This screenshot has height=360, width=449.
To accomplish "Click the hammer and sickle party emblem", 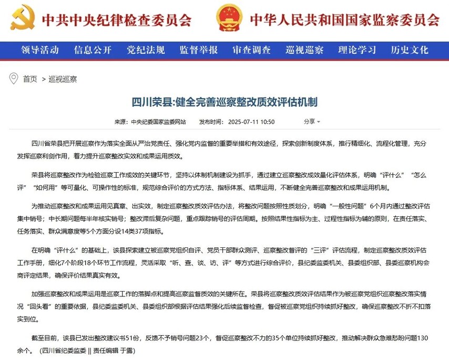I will [x=22, y=18].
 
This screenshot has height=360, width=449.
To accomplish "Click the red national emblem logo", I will [x=229, y=18].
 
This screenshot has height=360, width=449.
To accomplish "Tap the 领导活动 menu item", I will [x=40, y=51].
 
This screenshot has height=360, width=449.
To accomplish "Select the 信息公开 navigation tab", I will [x=93, y=51].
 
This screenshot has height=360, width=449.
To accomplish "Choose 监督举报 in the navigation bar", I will [x=198, y=51].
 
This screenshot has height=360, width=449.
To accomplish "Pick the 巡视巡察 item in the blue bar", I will [x=304, y=51].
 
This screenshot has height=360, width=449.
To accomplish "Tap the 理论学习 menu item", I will [x=357, y=51].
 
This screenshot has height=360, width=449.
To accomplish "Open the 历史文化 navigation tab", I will [x=410, y=51].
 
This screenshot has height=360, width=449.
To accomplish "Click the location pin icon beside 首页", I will [x=14, y=79].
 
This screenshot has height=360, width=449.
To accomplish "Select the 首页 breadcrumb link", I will [x=30, y=79].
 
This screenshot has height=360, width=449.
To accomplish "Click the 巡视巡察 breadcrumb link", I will [x=63, y=79].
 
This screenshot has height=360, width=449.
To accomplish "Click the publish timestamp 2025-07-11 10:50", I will [x=251, y=122].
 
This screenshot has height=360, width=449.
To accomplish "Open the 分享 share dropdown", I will [x=312, y=122].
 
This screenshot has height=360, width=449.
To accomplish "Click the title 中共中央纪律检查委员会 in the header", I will [x=116, y=19].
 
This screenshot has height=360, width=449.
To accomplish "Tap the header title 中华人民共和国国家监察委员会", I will [x=344, y=19].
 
